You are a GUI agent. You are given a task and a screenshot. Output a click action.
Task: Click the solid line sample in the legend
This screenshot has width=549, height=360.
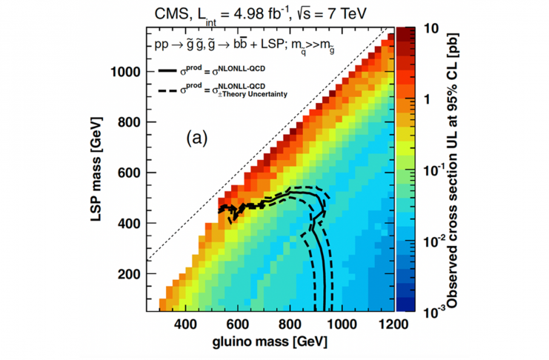[175, 70]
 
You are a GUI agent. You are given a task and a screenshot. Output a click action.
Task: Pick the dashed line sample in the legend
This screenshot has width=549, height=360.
[175, 91]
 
